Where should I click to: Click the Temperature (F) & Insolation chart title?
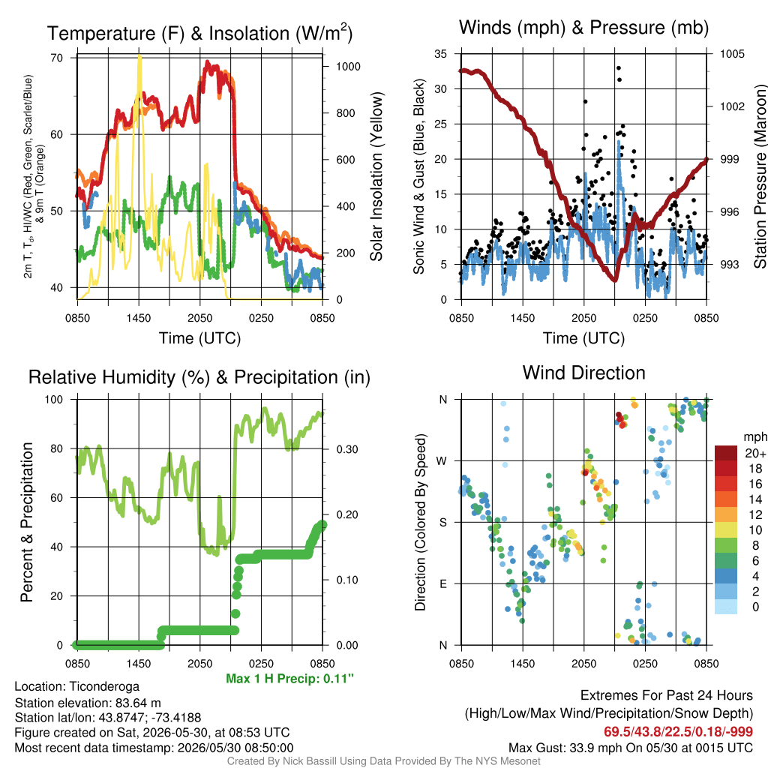pos(199,33)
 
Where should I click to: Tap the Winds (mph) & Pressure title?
pos(583,28)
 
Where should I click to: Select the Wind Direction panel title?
pos(583,373)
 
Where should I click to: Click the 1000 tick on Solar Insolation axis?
pos(348,67)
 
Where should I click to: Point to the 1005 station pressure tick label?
pos(732,54)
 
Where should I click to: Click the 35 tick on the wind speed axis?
pos(441,54)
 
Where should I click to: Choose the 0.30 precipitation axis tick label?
pos(347,450)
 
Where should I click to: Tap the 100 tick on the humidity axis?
pos(54,400)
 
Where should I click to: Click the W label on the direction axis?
pos(442,461)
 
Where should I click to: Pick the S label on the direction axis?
pos(442,523)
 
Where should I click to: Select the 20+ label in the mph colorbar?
pos(755,454)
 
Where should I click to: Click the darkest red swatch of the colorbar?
pos(726,453)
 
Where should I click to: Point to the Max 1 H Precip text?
pos(289,678)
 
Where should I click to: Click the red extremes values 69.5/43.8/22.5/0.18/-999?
pos(678,732)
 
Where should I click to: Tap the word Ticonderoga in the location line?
pos(104,687)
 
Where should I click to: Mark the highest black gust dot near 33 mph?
pos(619,68)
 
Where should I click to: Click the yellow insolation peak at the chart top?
pos(139,57)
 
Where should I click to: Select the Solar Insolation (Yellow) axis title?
pos(376,176)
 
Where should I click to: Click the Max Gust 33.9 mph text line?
pos(630,748)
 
